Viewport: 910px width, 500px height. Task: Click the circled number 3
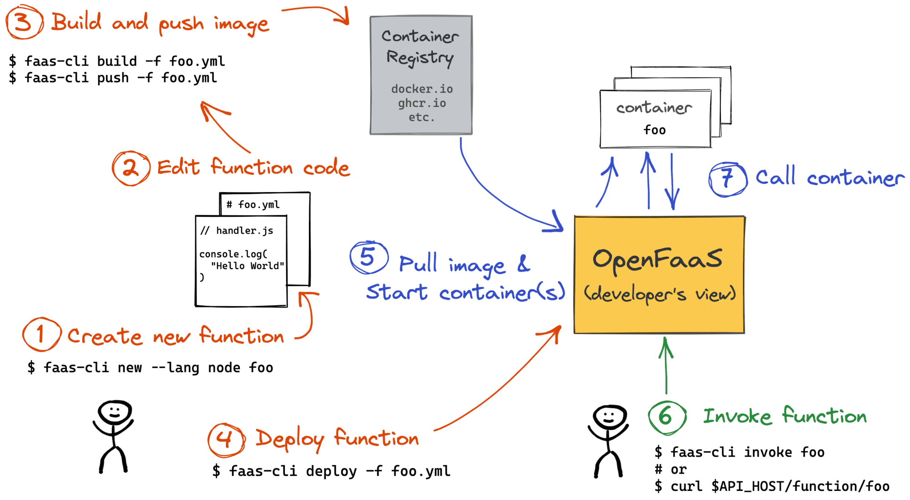click(x=24, y=22)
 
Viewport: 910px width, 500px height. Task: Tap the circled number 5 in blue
click(x=369, y=257)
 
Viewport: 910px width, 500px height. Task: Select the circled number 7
click(x=728, y=179)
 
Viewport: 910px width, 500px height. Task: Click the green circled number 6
click(x=667, y=417)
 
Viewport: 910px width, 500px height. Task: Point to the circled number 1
click(x=41, y=335)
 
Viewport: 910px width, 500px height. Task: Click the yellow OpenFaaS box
click(x=659, y=275)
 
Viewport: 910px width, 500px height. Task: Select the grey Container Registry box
click(x=421, y=75)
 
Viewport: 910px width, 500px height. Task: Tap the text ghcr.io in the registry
click(x=422, y=103)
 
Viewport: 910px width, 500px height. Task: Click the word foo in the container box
click(x=654, y=130)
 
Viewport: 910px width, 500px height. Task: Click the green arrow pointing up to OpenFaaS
click(x=666, y=364)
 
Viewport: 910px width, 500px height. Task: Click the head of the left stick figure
click(x=115, y=412)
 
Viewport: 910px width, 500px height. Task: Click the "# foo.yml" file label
click(x=253, y=205)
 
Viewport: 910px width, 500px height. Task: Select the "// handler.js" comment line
click(x=237, y=231)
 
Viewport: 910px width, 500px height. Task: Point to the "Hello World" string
click(x=247, y=266)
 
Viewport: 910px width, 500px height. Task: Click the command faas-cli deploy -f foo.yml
click(x=331, y=471)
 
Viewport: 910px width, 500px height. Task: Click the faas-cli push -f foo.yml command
click(x=113, y=78)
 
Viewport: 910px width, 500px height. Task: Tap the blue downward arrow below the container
click(x=672, y=182)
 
